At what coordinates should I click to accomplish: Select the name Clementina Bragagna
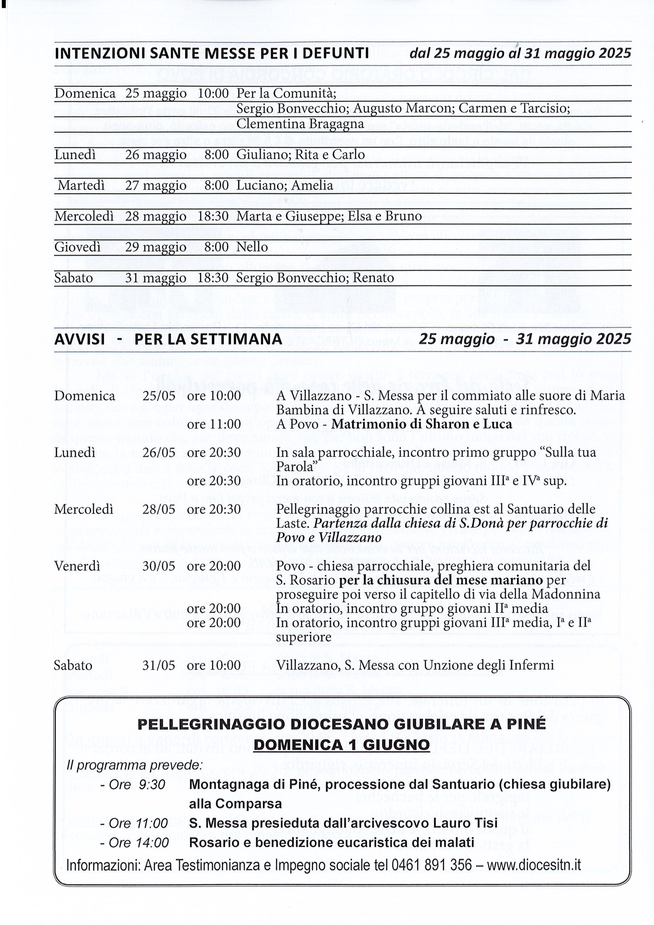point(300,124)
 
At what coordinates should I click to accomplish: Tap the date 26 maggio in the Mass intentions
point(155,155)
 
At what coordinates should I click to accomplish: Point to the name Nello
point(252,247)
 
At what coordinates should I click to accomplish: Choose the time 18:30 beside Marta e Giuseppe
point(213,216)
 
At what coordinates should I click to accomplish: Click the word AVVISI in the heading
point(79,339)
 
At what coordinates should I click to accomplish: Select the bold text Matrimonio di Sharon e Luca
point(422,424)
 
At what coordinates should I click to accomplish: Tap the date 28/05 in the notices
point(159,509)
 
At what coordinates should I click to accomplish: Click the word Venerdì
point(77,566)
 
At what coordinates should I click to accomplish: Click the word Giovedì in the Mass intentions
point(77,247)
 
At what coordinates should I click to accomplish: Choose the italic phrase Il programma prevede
point(134,765)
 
